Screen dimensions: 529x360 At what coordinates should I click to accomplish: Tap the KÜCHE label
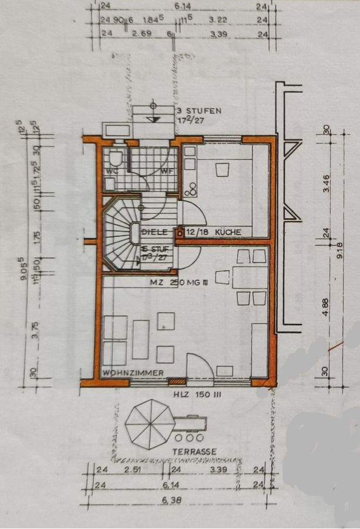pyautogui.click(x=228, y=232)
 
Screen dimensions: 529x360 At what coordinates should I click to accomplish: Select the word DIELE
pyautogui.click(x=155, y=232)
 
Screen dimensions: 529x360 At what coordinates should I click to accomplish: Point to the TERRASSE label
pyautogui.click(x=194, y=451)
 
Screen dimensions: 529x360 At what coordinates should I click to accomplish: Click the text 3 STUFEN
pyautogui.click(x=198, y=111)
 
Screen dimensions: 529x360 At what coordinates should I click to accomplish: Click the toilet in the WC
pyautogui.click(x=115, y=158)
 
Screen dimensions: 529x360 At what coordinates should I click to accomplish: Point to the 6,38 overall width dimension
pyautogui.click(x=174, y=500)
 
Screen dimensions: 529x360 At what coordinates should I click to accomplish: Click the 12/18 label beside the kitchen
pyautogui.click(x=197, y=232)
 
